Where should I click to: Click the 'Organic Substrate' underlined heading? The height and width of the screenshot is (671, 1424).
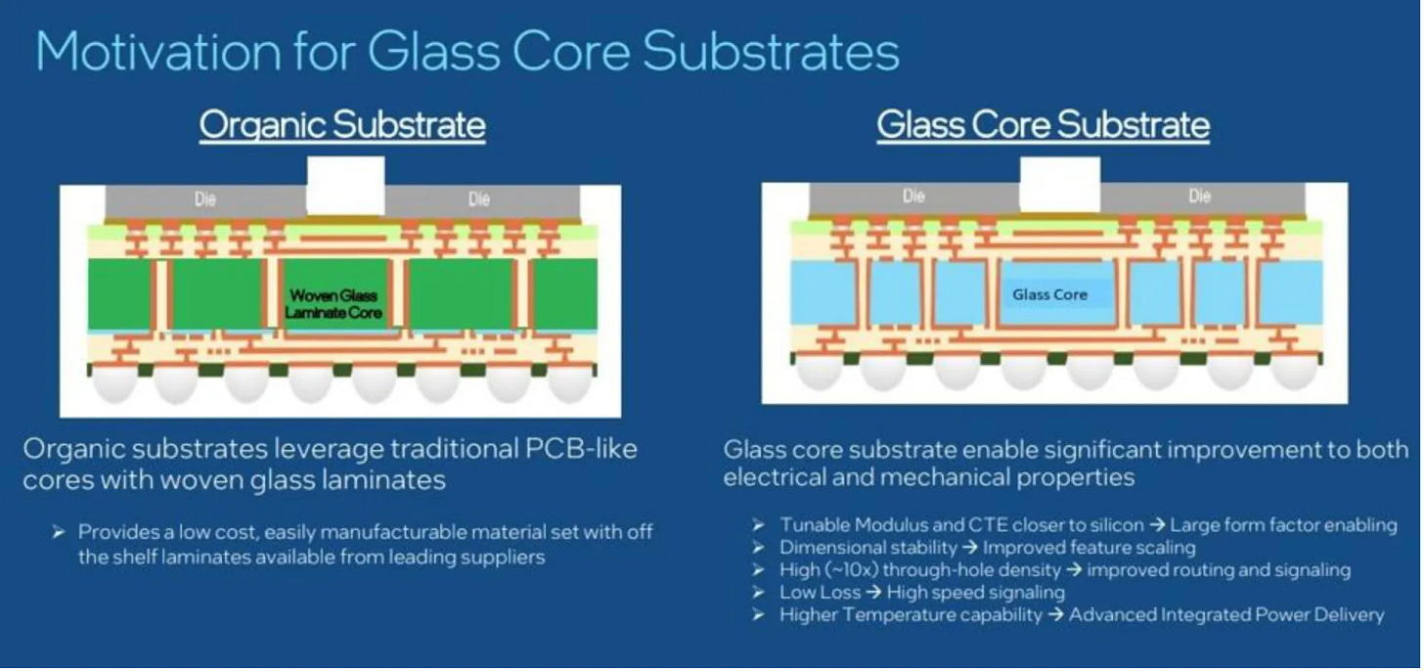point(342,125)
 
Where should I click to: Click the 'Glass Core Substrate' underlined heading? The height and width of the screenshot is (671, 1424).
point(1043,125)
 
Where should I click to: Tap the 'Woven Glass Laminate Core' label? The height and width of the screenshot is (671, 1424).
point(333,304)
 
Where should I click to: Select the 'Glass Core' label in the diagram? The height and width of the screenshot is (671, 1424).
point(1049,294)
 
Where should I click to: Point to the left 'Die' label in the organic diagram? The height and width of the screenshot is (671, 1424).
point(204,200)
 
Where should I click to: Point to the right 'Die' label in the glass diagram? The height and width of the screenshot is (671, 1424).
point(1199,197)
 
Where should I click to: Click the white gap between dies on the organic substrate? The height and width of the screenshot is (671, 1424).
point(345,186)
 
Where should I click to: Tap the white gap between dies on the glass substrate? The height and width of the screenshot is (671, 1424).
point(1059,184)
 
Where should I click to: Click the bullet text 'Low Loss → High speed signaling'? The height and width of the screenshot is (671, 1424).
point(921,593)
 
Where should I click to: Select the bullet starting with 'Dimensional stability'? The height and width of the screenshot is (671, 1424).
point(987,548)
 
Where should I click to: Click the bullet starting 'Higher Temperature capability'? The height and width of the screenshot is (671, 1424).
point(1081,615)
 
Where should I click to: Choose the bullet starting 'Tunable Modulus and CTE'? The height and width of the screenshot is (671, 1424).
point(1088,525)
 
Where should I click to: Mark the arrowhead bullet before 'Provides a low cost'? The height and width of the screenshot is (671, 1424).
point(59,533)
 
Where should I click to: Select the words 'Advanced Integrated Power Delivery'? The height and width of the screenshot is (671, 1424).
point(1226,615)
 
